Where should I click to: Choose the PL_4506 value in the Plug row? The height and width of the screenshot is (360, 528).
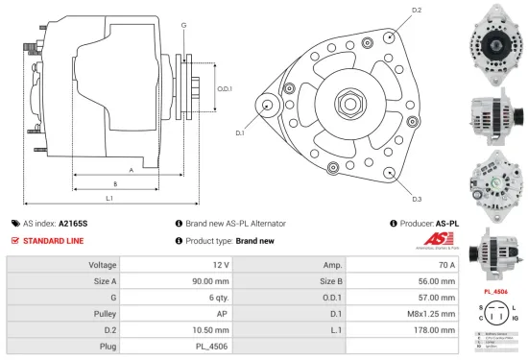(x=215, y=344)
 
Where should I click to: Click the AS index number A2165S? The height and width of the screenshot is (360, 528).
(x=73, y=223)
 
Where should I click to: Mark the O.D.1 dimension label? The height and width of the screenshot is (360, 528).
(x=225, y=88)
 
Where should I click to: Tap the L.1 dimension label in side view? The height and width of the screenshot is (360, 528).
(x=109, y=198)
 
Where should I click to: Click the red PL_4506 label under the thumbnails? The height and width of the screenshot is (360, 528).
(x=494, y=290)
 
